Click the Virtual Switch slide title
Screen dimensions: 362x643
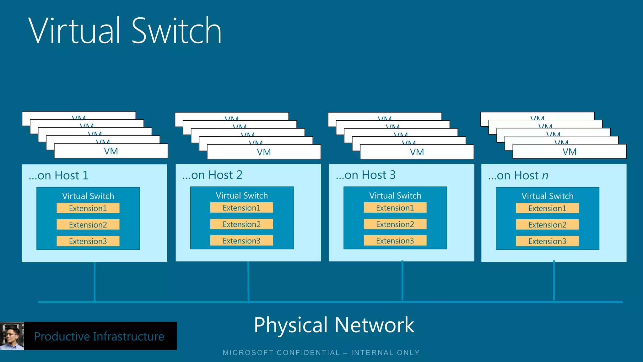(x=125, y=31)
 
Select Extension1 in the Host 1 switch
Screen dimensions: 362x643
(x=88, y=208)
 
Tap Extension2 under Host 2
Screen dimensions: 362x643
(x=241, y=224)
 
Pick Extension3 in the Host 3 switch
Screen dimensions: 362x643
(x=395, y=241)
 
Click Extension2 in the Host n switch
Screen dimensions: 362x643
(x=547, y=225)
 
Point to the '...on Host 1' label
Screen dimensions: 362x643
(x=59, y=175)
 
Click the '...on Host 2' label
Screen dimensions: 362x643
(x=213, y=175)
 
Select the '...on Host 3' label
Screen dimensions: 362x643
(x=366, y=175)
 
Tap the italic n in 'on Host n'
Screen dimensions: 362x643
(x=545, y=176)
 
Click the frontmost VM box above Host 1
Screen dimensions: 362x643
(x=111, y=151)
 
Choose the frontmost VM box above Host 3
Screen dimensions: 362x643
(x=417, y=152)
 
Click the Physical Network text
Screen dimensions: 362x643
(x=334, y=325)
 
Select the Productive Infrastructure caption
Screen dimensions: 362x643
(x=99, y=336)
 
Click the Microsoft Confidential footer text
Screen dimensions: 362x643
(x=321, y=353)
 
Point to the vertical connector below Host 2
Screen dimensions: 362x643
(x=248, y=281)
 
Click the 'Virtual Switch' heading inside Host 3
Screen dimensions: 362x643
(x=395, y=195)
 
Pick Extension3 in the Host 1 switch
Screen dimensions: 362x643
(x=88, y=241)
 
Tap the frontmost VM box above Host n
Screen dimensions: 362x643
(x=569, y=152)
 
